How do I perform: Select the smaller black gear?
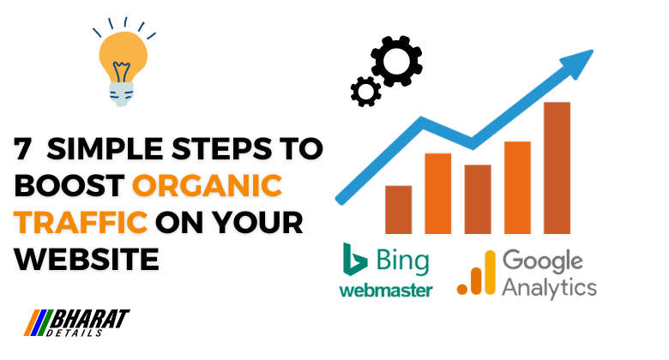tap(365, 89)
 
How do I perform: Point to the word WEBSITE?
tap(87, 258)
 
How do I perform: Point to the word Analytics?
tap(549, 285)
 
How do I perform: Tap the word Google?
tap(542, 260)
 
